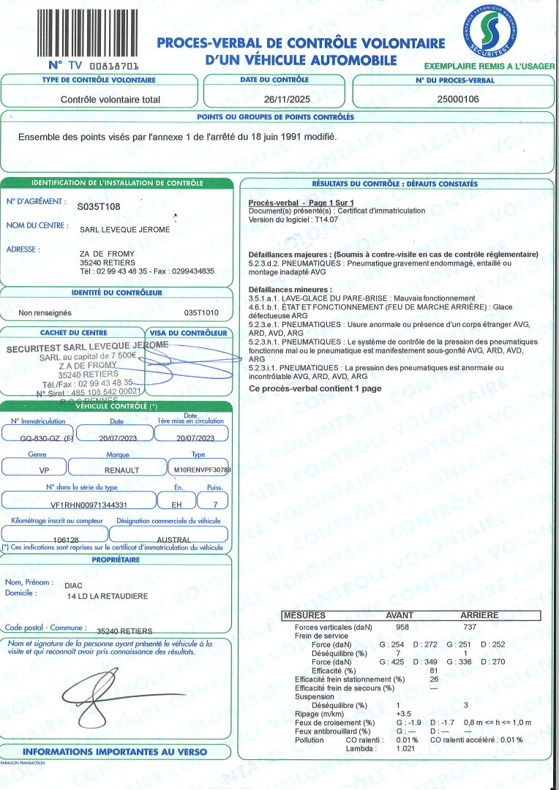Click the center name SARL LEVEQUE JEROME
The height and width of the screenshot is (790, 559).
click(x=124, y=230)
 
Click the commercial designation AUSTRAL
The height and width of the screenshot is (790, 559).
click(x=173, y=540)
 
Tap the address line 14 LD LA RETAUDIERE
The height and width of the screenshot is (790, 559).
click(x=107, y=596)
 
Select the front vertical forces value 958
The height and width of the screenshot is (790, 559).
click(x=402, y=628)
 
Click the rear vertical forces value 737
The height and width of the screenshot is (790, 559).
click(x=470, y=628)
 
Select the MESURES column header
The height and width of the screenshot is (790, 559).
click(x=305, y=616)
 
